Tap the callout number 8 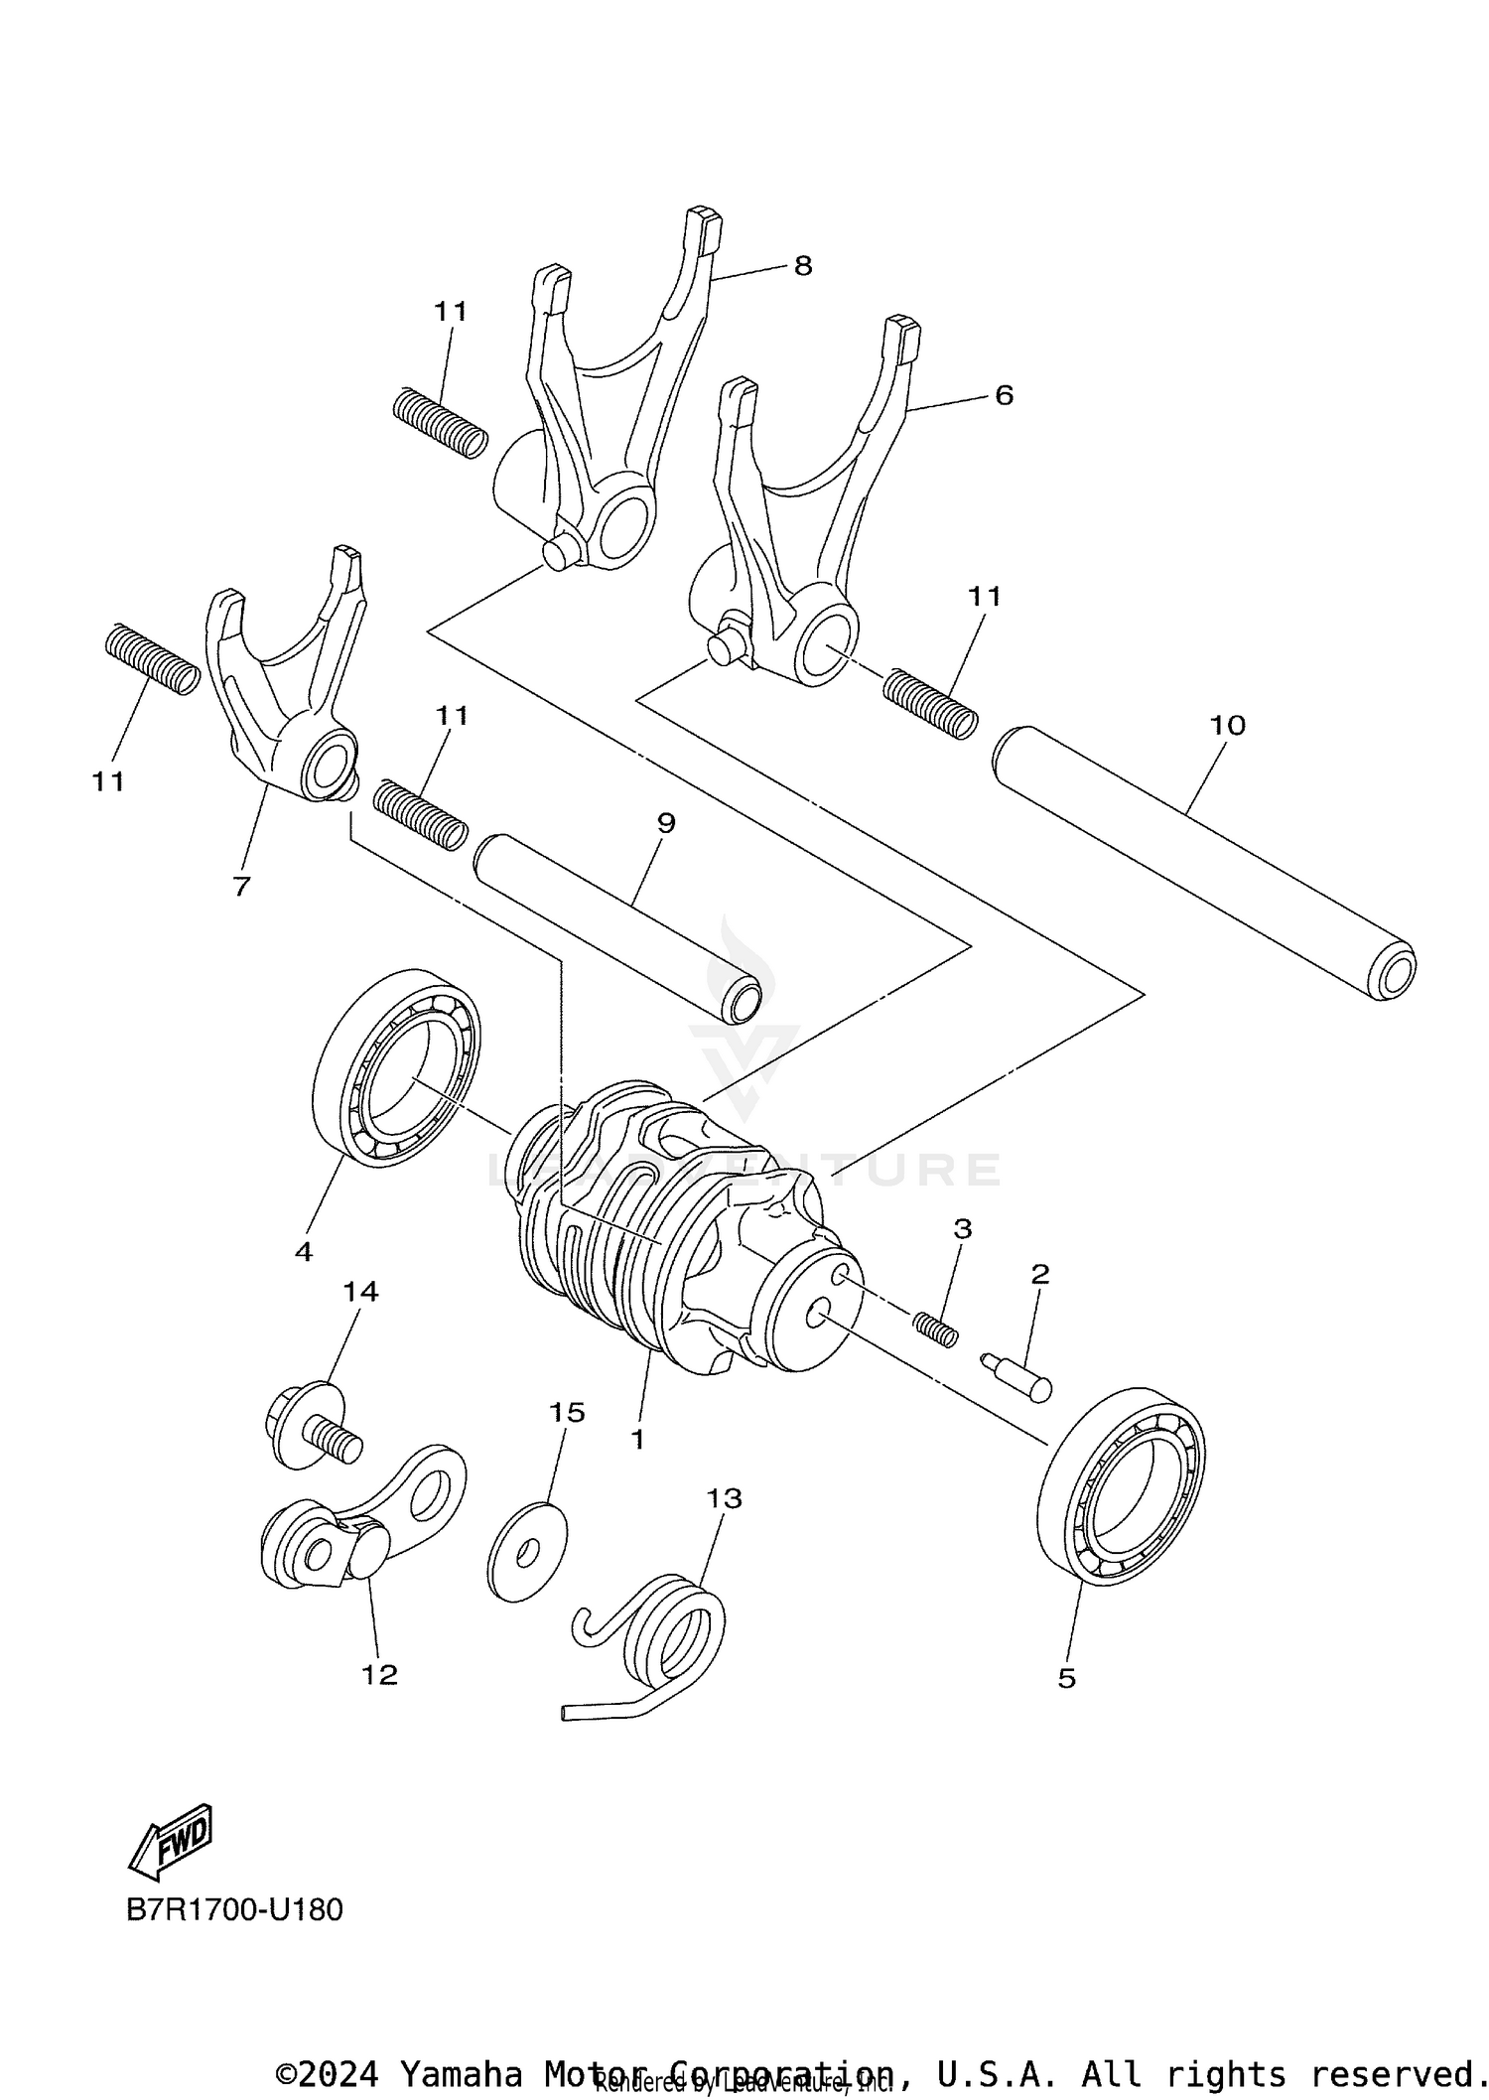coord(802,265)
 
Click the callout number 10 coord(1227,725)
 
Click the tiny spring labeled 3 coord(936,1329)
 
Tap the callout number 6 coord(1004,395)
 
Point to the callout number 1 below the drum coord(637,1439)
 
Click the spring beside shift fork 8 coord(441,422)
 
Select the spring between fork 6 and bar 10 coord(929,703)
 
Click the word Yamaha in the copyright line coord(461,2073)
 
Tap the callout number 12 coord(379,1675)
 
